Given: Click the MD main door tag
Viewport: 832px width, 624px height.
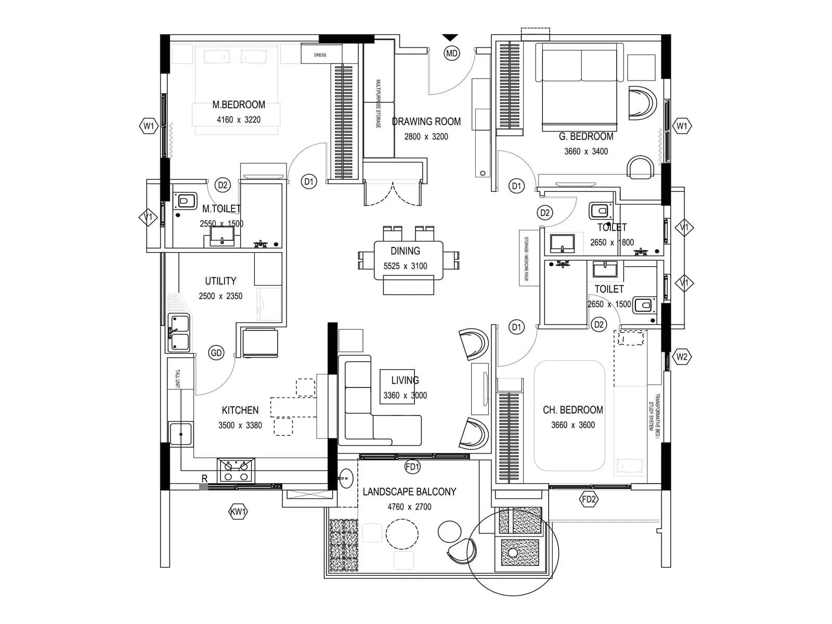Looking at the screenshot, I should pos(451,53).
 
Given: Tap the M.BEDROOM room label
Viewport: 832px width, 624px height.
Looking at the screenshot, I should pos(239,105).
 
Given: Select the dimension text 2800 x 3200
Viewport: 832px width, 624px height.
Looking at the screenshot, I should pos(426,137).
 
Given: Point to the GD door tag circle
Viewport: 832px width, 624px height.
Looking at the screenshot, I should pos(216,353).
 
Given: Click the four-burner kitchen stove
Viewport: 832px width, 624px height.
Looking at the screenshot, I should pos(236,470).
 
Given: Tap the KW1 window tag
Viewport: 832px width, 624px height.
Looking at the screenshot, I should pos(238,512).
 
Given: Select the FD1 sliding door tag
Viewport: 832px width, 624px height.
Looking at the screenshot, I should pos(412,467).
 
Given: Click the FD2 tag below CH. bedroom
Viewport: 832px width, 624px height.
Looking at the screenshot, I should pos(589,500).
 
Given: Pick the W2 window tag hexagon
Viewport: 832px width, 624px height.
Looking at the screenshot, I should pos(682,357).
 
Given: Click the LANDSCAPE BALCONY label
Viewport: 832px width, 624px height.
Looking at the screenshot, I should pos(409,491).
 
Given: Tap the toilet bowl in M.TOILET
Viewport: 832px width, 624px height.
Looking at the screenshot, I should pos(186,201).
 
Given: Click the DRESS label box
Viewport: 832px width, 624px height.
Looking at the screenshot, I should pos(320,55).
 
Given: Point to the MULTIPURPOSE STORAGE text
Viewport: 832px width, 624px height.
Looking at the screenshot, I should pos(379,104).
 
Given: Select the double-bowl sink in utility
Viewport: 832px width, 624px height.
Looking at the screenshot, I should pos(178,333).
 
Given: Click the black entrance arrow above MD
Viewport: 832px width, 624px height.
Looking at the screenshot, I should pos(450,37).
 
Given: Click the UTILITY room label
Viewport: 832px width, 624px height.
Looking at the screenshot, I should pos(220,281).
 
